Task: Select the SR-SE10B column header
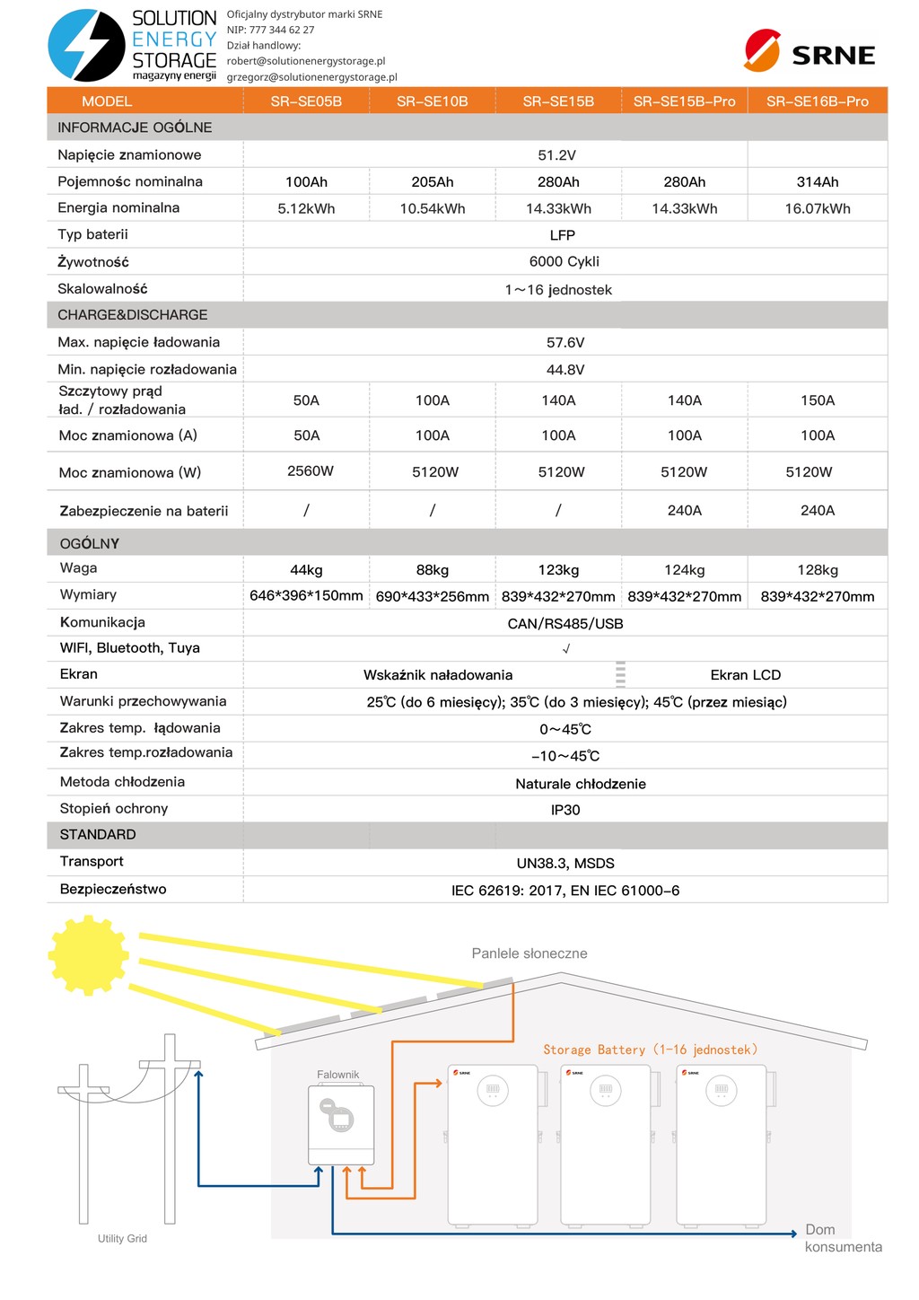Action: point(432,101)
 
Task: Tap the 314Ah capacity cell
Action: point(817,182)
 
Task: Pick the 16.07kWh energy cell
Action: point(817,208)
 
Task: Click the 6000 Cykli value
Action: point(564,261)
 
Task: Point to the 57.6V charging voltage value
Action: point(565,343)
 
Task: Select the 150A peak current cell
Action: point(817,400)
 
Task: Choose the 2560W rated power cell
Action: point(310,471)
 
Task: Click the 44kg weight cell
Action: point(306,570)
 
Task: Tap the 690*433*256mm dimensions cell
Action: point(432,596)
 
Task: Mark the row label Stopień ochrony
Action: point(114,809)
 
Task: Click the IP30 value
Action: point(565,810)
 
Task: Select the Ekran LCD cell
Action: point(745,675)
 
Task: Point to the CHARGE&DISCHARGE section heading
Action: point(133,315)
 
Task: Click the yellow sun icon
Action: point(88,955)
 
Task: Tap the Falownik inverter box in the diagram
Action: point(341,1124)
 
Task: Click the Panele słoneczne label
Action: point(530,953)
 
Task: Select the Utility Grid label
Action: point(122,1239)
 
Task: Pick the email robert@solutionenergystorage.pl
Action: point(306,61)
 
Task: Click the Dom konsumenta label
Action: point(842,1238)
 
